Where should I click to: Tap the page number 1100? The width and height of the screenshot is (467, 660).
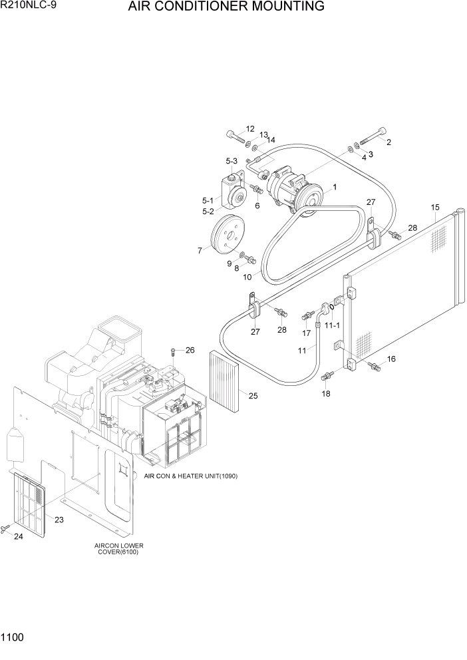(13, 637)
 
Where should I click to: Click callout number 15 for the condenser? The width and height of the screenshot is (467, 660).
(435, 208)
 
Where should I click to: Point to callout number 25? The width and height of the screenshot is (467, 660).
(253, 396)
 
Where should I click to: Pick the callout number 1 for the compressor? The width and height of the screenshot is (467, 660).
(334, 188)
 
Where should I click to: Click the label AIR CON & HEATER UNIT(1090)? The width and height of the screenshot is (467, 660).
(191, 476)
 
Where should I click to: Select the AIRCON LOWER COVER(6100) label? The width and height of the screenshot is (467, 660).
(119, 549)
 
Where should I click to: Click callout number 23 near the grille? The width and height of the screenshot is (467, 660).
(59, 520)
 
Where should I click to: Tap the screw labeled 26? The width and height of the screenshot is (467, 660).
(173, 351)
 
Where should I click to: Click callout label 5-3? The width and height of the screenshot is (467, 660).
(232, 161)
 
